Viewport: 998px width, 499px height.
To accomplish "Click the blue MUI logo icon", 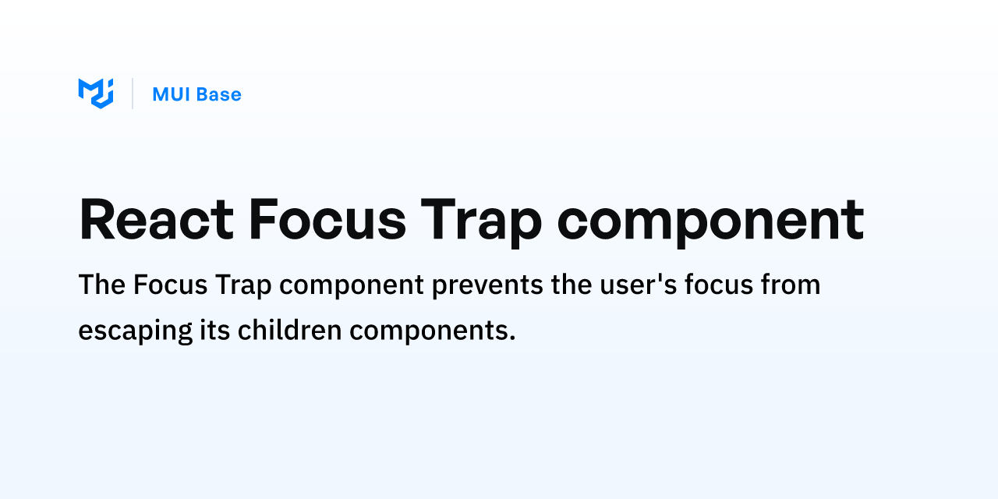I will point(96,94).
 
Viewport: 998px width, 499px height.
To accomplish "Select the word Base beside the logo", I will point(218,94).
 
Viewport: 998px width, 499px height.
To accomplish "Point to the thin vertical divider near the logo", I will point(133,94).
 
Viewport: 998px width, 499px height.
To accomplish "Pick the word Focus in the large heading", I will point(327,220).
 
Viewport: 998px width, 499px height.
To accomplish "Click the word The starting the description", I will point(101,285).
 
